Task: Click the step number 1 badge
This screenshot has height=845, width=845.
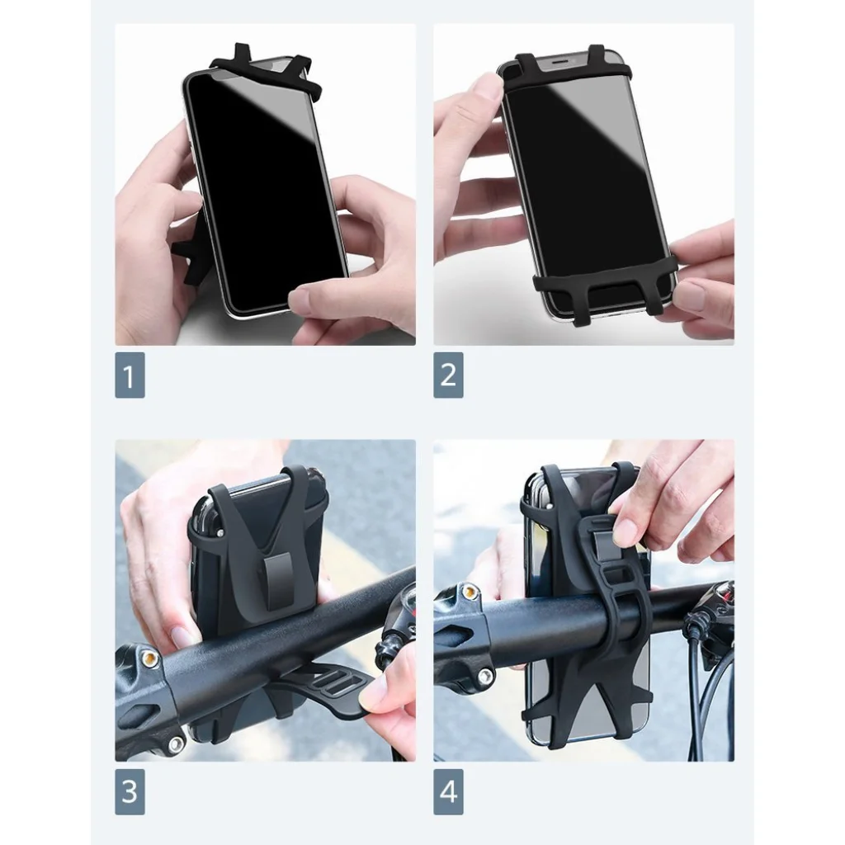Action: [x=130, y=375]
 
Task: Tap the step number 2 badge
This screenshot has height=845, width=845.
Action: [x=448, y=375]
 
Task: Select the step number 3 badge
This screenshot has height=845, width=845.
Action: [x=130, y=791]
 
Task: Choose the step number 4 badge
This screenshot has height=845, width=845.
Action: [x=448, y=791]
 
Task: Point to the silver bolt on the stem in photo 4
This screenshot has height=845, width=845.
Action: [x=484, y=676]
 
